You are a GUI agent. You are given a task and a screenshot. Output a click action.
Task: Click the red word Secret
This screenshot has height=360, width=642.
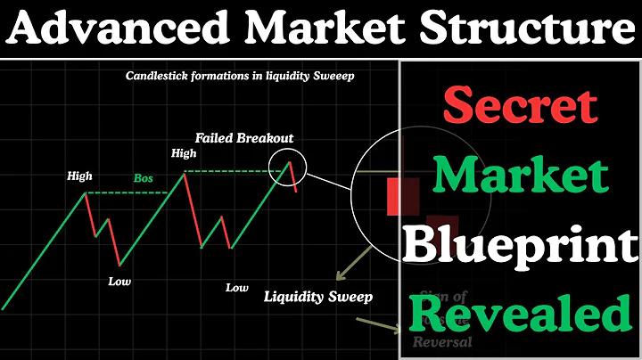519,106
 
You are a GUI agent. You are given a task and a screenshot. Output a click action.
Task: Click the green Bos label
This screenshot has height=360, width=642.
144,179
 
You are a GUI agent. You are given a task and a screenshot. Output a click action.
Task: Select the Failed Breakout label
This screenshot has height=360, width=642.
244,138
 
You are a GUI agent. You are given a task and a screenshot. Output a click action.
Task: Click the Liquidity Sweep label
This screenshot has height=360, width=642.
318,297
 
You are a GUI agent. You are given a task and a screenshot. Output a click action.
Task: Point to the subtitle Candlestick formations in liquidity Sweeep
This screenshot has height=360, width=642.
240,77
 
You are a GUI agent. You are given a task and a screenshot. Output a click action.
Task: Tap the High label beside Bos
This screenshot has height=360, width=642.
79,176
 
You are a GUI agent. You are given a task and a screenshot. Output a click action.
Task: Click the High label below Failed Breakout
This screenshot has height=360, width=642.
184,153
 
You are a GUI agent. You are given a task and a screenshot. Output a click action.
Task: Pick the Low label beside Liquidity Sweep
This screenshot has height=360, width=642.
236,288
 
